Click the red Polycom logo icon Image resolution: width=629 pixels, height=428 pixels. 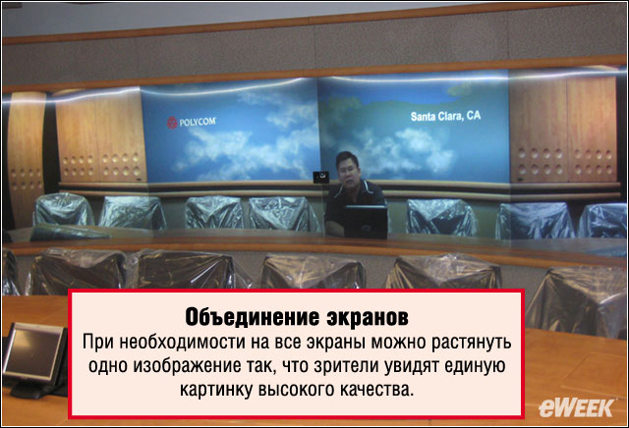[172, 123]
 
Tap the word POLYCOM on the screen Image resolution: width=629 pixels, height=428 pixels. [198, 122]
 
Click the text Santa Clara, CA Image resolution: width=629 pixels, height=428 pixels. [445, 116]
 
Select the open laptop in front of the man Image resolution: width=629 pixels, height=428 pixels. [366, 221]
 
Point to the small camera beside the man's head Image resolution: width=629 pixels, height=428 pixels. [321, 177]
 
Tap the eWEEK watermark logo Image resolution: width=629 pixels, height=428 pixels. [576, 408]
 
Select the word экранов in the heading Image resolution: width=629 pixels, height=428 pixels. [368, 318]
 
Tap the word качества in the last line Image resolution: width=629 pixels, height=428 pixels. [376, 390]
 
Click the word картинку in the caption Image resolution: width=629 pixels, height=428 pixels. [216, 390]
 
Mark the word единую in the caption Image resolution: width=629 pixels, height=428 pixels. [475, 367]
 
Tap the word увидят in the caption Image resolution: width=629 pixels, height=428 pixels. [413, 367]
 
